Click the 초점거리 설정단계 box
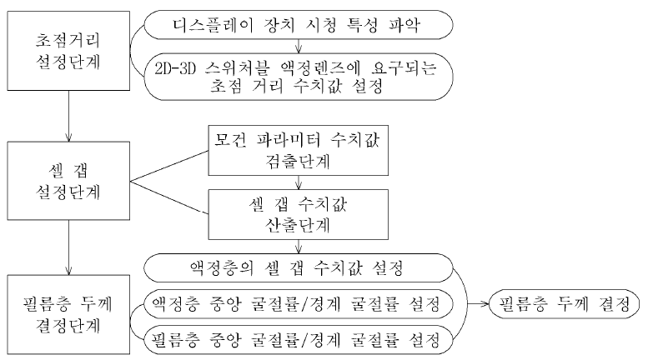click(68, 51)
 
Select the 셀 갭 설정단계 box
click(68, 181)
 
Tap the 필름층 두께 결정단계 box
click(68, 315)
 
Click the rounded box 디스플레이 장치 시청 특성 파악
click(299, 25)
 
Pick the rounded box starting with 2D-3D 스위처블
click(299, 77)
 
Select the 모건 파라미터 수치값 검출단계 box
click(299, 151)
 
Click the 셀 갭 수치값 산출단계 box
click(299, 215)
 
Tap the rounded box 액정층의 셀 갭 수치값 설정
click(299, 268)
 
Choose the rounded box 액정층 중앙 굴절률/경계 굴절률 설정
click(299, 304)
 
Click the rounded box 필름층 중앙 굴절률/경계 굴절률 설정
click(299, 340)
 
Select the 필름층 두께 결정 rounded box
click(564, 304)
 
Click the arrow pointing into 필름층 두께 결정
click(478, 304)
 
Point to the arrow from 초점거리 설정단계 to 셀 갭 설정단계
click(68, 116)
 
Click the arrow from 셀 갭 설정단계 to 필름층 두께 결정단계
click(68, 247)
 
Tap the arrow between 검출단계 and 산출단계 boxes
click(299, 182)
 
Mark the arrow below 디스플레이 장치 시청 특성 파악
click(299, 46)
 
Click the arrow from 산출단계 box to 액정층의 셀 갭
click(299, 247)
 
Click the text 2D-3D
click(175, 68)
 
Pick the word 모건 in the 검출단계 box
click(231, 140)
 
